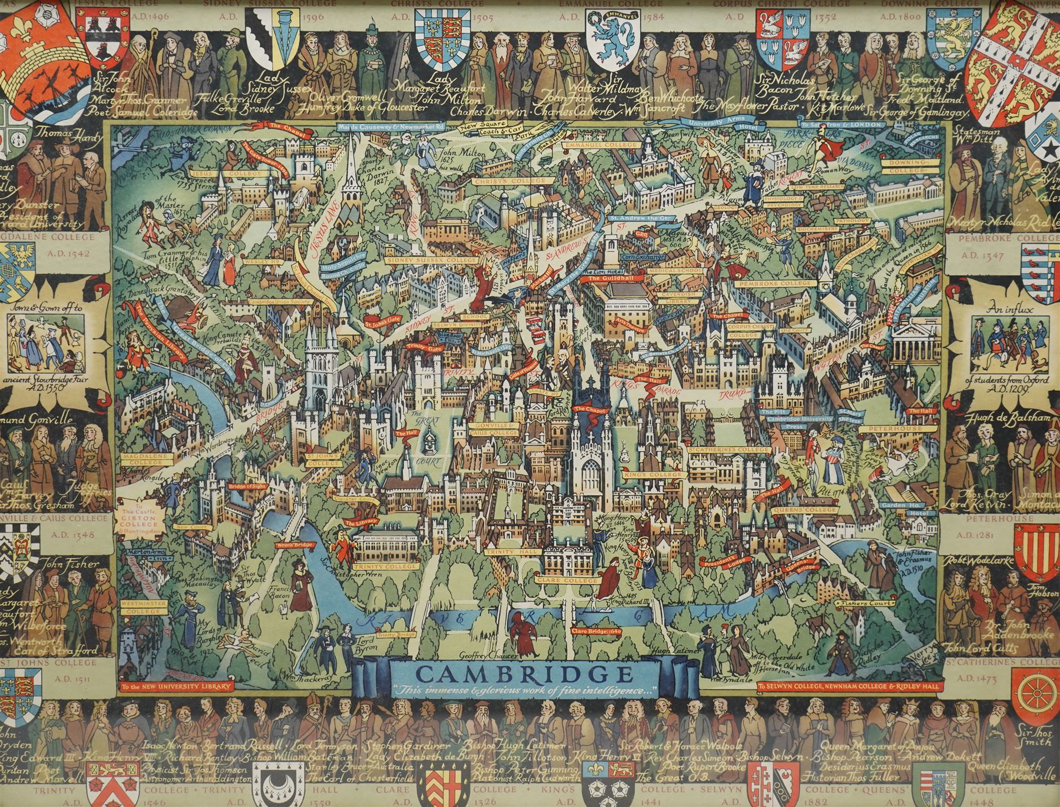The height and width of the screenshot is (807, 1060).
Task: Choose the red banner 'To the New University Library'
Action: tap(177, 686)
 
